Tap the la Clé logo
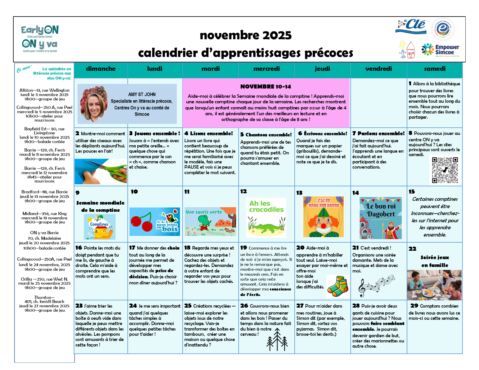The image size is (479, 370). [411, 26]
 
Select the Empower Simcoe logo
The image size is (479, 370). [440, 50]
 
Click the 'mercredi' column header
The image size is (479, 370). [266, 69]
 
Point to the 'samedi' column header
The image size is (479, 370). [435, 69]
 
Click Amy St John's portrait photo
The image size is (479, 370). [94, 104]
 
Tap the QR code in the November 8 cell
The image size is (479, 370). [445, 170]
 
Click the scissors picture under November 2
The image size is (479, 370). [101, 171]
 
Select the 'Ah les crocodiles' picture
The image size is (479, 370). [266, 218]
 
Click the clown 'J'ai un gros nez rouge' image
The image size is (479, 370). [323, 217]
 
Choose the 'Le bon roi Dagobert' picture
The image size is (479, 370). [381, 218]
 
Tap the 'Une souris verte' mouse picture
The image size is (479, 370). [210, 221]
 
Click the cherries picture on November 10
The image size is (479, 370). [154, 221]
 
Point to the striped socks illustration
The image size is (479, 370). [338, 286]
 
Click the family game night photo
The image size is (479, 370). [434, 285]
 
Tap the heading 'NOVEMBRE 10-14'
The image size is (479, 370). [266, 86]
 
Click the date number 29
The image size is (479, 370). [414, 306]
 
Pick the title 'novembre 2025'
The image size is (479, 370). [246, 35]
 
